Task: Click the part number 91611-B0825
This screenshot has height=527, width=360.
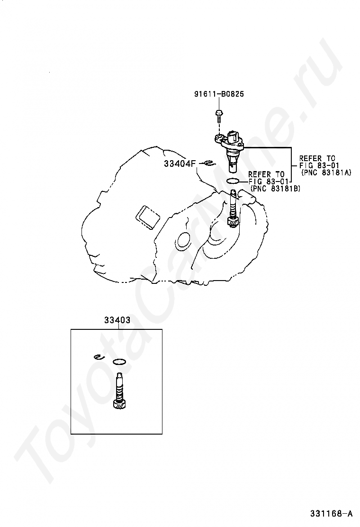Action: (219, 94)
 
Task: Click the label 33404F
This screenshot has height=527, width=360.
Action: (180, 164)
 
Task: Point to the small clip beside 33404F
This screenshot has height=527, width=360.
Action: (209, 164)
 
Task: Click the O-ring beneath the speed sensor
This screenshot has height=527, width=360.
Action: (233, 181)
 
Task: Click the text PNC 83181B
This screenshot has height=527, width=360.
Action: (275, 189)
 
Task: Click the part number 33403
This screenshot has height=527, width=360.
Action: (117, 320)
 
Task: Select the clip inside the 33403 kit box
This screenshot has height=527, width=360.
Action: (99, 356)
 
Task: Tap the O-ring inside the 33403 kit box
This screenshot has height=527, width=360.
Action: (119, 362)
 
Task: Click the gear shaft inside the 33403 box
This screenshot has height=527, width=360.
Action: (119, 391)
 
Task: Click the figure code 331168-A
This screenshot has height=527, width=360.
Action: (331, 513)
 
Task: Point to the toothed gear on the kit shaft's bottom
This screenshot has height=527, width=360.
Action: (119, 404)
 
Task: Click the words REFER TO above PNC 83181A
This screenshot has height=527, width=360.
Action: (317, 158)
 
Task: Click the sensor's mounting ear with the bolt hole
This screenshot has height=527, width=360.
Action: (218, 137)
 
